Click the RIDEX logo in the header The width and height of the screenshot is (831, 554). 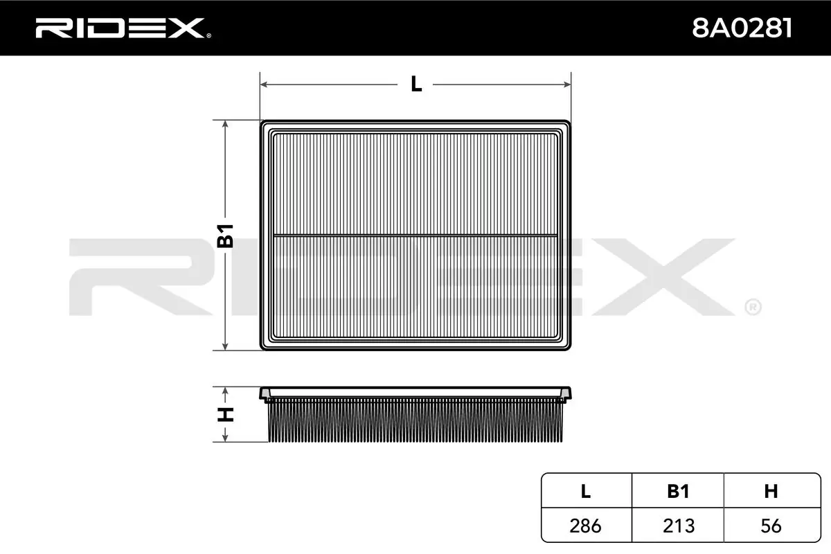pyautogui.click(x=123, y=28)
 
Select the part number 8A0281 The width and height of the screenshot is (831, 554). pyautogui.click(x=742, y=28)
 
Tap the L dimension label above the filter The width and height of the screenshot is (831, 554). pyautogui.click(x=416, y=84)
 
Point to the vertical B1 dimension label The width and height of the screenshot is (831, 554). pyautogui.click(x=225, y=235)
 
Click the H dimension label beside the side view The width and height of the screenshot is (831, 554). pyautogui.click(x=225, y=415)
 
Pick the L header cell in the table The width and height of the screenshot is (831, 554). pyautogui.click(x=586, y=491)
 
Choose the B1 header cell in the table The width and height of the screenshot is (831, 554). pyautogui.click(x=678, y=491)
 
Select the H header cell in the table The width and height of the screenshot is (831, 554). pyautogui.click(x=771, y=491)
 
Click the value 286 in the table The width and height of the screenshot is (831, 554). pyautogui.click(x=585, y=526)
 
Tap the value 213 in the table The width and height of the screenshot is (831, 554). pyautogui.click(x=679, y=526)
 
